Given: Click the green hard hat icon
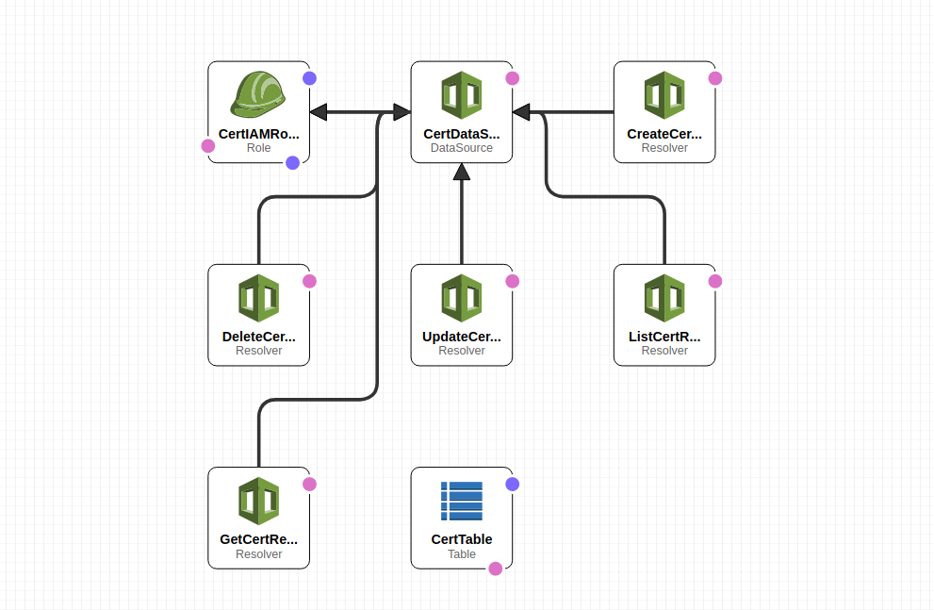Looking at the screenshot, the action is (x=258, y=94).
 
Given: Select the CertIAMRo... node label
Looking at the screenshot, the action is (x=258, y=134).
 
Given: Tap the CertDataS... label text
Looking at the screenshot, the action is (x=462, y=134).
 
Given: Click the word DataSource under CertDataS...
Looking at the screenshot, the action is (x=462, y=148).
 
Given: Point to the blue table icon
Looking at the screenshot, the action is (x=462, y=501).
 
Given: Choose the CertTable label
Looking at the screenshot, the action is (x=462, y=539).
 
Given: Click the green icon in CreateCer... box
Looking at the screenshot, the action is (x=664, y=95).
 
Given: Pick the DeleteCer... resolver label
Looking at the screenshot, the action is (x=258, y=337).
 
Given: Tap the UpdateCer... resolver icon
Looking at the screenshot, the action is (x=462, y=298).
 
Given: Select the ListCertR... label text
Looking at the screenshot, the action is (x=664, y=337).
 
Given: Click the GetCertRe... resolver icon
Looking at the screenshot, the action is (x=258, y=501).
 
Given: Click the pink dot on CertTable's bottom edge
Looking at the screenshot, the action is (x=496, y=569).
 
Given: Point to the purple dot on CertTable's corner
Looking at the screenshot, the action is (x=513, y=485).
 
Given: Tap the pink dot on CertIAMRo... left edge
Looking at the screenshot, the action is (x=208, y=146).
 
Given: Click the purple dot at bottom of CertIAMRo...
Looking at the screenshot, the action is (x=292, y=162).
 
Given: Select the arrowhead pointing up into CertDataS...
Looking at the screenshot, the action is (x=462, y=171).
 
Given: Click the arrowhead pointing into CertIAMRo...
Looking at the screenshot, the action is (x=319, y=112).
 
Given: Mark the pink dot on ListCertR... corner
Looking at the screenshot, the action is (x=715, y=281).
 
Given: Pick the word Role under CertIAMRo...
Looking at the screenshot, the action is (x=258, y=148).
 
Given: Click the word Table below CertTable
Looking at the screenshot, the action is (x=462, y=554).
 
